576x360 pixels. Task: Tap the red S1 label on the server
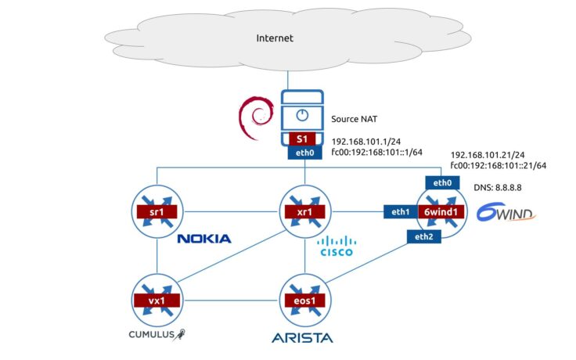tap(302, 139)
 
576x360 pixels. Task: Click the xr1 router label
tap(303, 211)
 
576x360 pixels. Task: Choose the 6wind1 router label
tap(441, 211)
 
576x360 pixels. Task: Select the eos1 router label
tap(303, 300)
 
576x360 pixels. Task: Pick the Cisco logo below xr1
tap(336, 247)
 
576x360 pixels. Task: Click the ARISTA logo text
tap(302, 338)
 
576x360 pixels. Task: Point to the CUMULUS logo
tap(159, 335)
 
